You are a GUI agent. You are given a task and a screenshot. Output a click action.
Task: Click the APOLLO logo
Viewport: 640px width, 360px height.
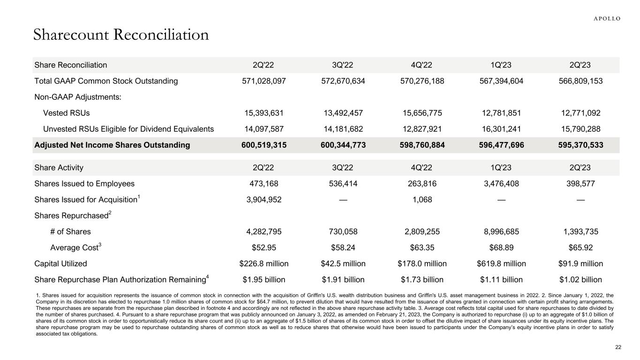(607, 19)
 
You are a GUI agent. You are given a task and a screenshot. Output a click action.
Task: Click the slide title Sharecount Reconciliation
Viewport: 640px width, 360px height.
(120, 35)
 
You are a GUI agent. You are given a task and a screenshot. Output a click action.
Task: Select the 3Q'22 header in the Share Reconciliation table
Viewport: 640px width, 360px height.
(343, 65)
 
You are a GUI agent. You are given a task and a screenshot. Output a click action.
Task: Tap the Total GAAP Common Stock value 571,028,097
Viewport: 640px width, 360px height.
(264, 81)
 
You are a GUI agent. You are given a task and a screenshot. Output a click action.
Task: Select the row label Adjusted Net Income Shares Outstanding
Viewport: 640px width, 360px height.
(112, 145)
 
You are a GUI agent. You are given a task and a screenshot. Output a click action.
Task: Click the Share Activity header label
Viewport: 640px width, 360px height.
(59, 167)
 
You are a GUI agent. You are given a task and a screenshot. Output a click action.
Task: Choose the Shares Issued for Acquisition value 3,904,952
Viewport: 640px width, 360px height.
(264, 200)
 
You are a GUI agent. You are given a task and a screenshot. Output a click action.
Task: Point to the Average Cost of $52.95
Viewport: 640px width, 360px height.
(264, 247)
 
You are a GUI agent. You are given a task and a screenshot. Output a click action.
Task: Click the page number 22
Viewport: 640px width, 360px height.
(618, 347)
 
